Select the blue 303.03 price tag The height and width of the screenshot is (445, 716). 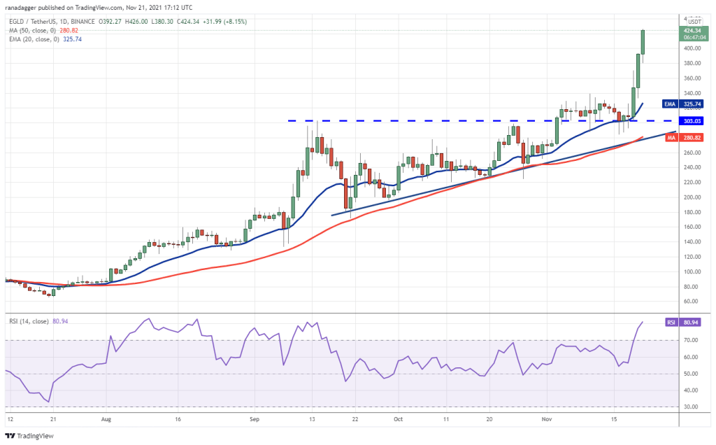[x=693, y=121]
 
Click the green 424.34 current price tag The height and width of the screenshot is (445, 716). [x=693, y=31]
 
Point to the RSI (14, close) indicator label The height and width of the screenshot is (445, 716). [x=29, y=321]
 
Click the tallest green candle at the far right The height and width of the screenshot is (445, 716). [x=643, y=42]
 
